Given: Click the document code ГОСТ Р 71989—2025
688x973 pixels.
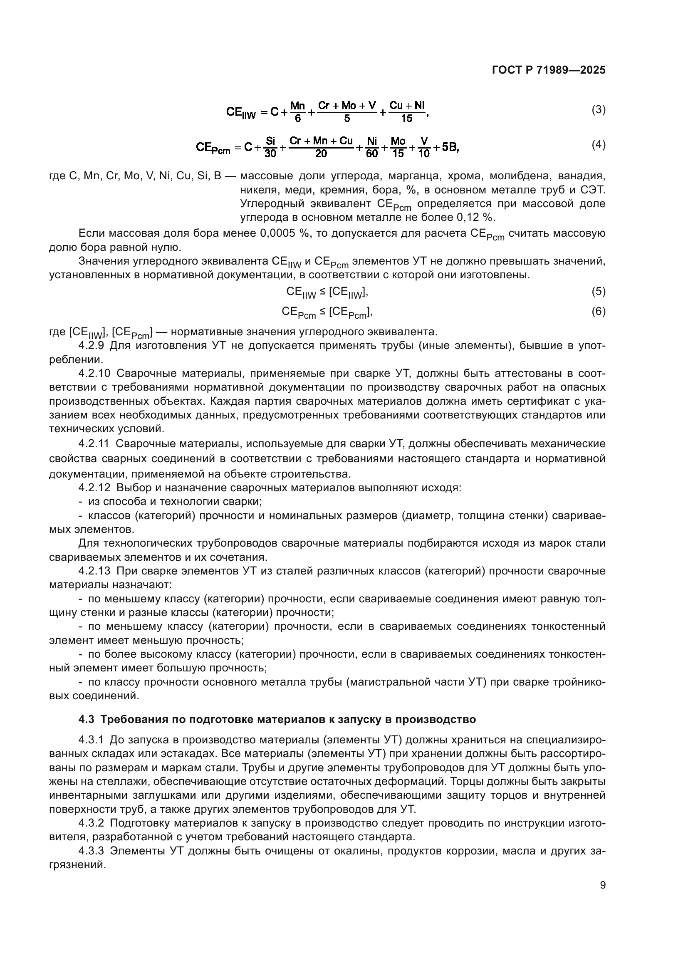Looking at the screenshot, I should coord(549,70).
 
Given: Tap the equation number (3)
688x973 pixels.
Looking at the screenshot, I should coord(598,110).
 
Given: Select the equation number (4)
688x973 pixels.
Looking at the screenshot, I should coord(598,145).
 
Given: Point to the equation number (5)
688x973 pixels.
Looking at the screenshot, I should coord(598,292).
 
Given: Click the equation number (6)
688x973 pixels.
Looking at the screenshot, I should coord(598,312).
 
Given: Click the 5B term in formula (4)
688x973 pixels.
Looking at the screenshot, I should coord(450,147).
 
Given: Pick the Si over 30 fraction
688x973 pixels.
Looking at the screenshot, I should coord(270,147).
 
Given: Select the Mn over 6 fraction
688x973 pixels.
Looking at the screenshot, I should coord(298,112).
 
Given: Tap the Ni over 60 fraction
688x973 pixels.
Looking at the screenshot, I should coord(372,147).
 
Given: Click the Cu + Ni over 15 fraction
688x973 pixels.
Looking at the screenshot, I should coord(407,112).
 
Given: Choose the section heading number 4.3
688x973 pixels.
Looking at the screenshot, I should coord(87,720).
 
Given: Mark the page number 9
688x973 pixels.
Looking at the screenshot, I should coord(602,886).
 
